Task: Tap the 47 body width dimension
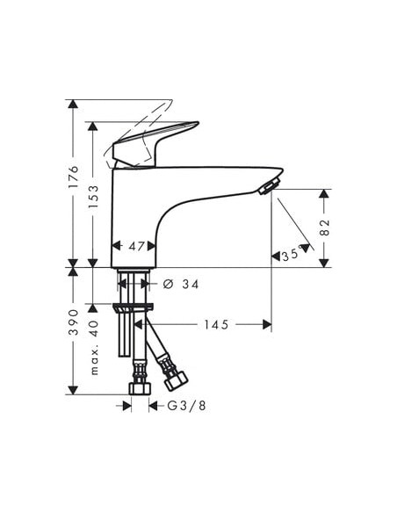coord(134,247)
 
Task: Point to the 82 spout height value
coord(324,227)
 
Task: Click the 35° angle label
coord(293,256)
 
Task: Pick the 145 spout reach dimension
coord(216,325)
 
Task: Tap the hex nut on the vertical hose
coord(138,388)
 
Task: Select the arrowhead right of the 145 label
coord(266,325)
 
